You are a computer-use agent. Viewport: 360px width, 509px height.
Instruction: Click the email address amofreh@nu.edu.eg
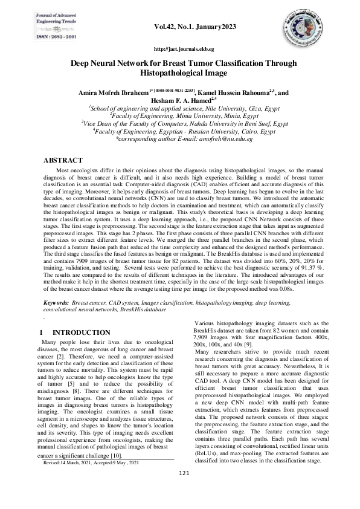[233, 138]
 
